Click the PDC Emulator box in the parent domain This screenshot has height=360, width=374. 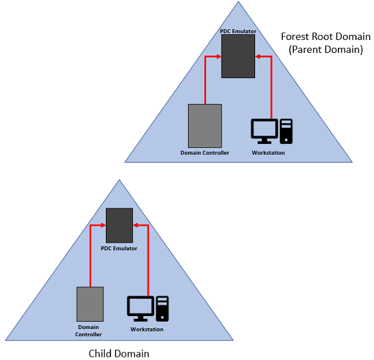(238, 56)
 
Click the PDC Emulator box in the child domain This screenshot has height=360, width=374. (119, 225)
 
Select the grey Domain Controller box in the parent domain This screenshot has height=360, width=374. (205, 125)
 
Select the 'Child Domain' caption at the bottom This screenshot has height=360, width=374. (119, 353)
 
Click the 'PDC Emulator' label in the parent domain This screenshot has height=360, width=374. (238, 31)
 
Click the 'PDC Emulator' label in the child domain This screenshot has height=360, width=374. (119, 248)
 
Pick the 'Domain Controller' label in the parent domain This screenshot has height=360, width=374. (205, 153)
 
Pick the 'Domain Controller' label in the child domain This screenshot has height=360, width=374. (90, 331)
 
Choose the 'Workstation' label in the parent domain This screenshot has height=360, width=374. (268, 153)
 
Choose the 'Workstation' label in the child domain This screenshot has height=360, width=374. (147, 330)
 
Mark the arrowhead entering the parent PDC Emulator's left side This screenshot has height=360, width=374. (218, 57)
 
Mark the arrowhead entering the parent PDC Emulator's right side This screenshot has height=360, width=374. (258, 57)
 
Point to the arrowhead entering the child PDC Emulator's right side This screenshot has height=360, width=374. (136, 225)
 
